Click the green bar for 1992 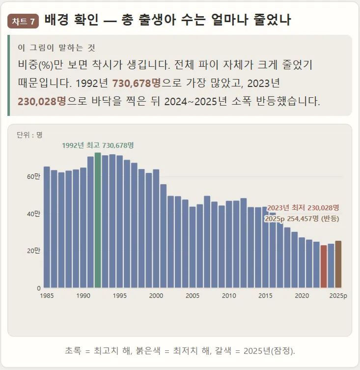click(98, 220)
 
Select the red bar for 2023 click(324, 266)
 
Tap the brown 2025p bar click(338, 264)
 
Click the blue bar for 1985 click(47, 227)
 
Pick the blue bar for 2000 click(156, 228)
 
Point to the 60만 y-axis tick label click(33, 176)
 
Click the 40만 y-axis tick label click(33, 214)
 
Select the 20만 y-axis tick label click(33, 251)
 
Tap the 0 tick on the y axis click(39, 288)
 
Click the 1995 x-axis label click(120, 296)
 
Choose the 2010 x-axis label click(229, 296)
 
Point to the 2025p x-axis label click(338, 296)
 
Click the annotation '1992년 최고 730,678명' click(98, 145)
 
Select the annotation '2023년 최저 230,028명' click(303, 208)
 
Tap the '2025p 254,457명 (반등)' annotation click(302, 219)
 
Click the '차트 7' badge click(23, 21)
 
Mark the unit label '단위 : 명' click(29, 135)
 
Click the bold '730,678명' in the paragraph click(137, 84)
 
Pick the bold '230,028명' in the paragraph click(42, 101)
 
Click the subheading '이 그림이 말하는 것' click(56, 48)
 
